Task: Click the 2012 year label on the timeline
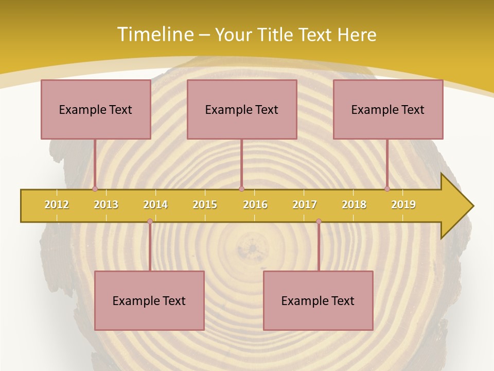(x=57, y=205)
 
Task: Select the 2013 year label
(x=106, y=205)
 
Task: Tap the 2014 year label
(x=155, y=205)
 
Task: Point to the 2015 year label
(x=205, y=205)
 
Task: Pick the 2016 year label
(x=255, y=205)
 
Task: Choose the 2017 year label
(x=305, y=205)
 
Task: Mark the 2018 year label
(x=354, y=205)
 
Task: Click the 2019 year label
(x=403, y=205)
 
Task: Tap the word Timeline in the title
(x=154, y=34)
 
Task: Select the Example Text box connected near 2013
(x=96, y=109)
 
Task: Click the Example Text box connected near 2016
(x=242, y=109)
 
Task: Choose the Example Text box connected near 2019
(x=388, y=109)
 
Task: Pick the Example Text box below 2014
(x=149, y=300)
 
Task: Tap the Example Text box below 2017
(x=318, y=300)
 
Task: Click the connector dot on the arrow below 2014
(x=150, y=222)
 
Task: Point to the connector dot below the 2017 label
(x=319, y=222)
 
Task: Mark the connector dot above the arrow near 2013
(x=95, y=189)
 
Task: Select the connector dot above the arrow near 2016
(x=241, y=189)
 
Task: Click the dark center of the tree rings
(x=252, y=249)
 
